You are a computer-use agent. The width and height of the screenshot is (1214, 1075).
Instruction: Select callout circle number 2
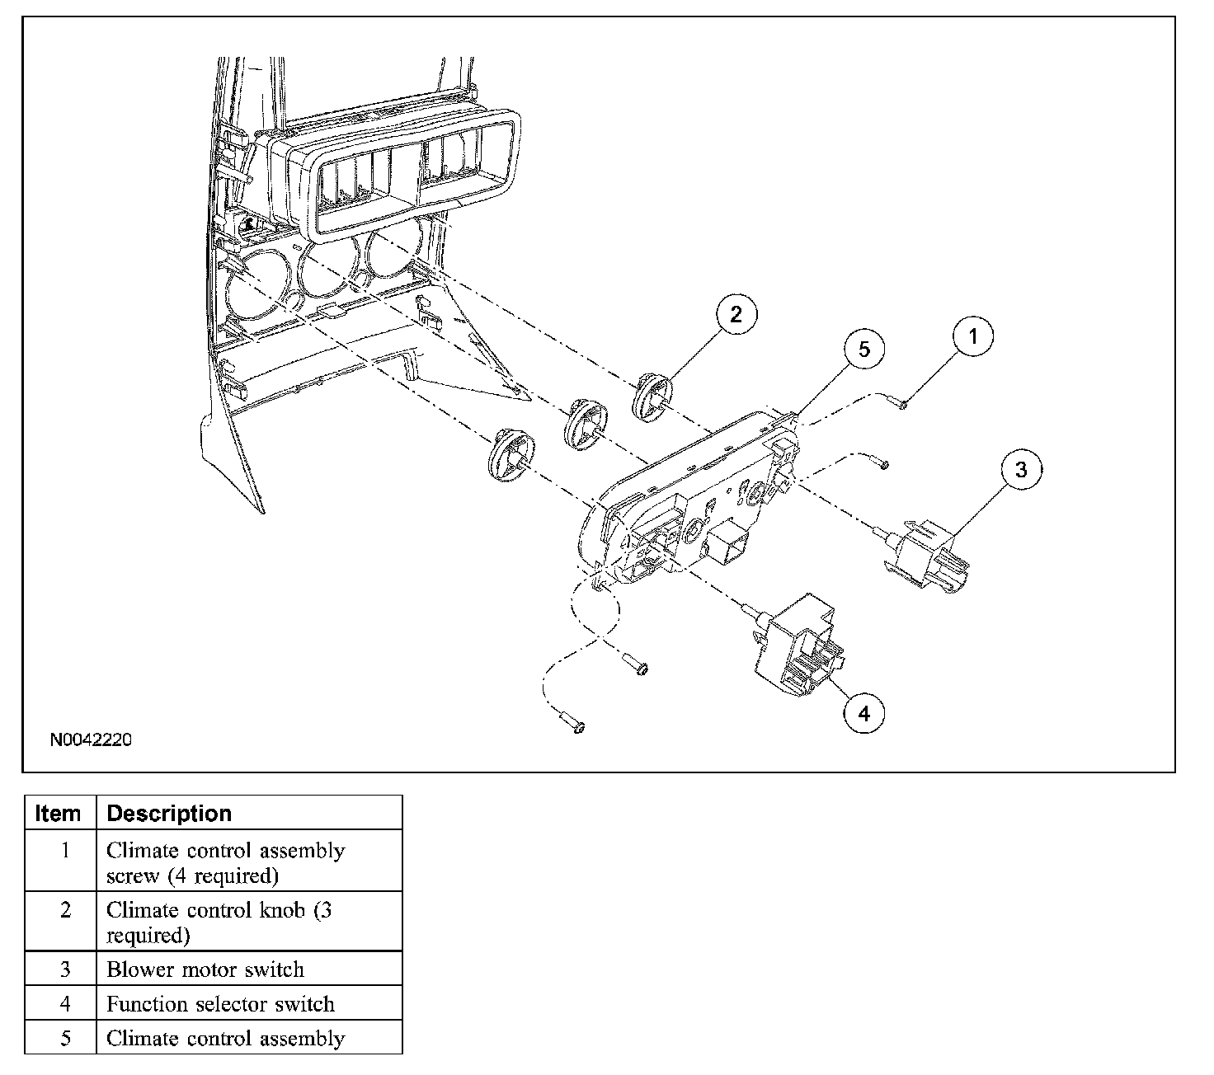(736, 313)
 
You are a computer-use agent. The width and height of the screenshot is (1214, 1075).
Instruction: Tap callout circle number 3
(1021, 470)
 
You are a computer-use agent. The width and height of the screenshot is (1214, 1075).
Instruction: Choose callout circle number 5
(863, 350)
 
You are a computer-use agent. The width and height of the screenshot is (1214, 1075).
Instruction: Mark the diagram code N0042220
(91, 739)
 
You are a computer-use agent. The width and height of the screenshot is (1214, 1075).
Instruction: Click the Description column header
(169, 814)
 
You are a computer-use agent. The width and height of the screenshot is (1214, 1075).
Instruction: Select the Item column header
(59, 814)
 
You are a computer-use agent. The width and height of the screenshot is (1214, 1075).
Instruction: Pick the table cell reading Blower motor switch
(205, 969)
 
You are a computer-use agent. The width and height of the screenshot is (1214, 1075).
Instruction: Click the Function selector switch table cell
(220, 1004)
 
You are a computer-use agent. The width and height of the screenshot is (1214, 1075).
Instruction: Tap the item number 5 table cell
(65, 1038)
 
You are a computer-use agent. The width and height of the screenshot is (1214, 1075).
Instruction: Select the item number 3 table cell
(65, 969)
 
